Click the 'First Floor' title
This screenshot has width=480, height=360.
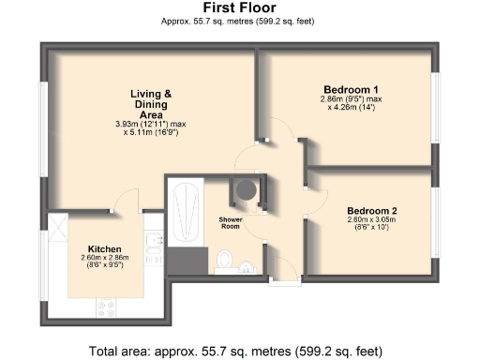(x=239, y=7)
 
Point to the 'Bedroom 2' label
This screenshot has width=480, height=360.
(x=371, y=210)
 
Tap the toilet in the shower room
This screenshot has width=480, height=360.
(x=225, y=259)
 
